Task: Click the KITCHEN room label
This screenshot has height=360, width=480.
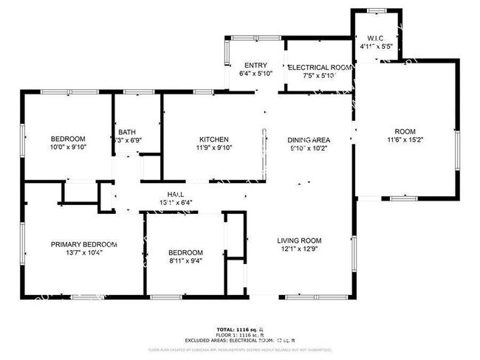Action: [x=213, y=139]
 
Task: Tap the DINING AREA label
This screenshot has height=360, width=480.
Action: [x=308, y=139]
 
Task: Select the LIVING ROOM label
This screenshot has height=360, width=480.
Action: [x=299, y=240]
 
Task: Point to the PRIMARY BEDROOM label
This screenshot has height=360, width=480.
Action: [x=83, y=244]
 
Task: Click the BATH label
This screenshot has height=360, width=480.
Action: [x=126, y=132]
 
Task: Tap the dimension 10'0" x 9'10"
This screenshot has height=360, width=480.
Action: [x=68, y=148]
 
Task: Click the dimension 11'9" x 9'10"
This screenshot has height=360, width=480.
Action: [x=213, y=148]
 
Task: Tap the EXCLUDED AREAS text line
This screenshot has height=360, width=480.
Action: [x=239, y=339]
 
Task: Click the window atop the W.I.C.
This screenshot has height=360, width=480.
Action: [x=376, y=10]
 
